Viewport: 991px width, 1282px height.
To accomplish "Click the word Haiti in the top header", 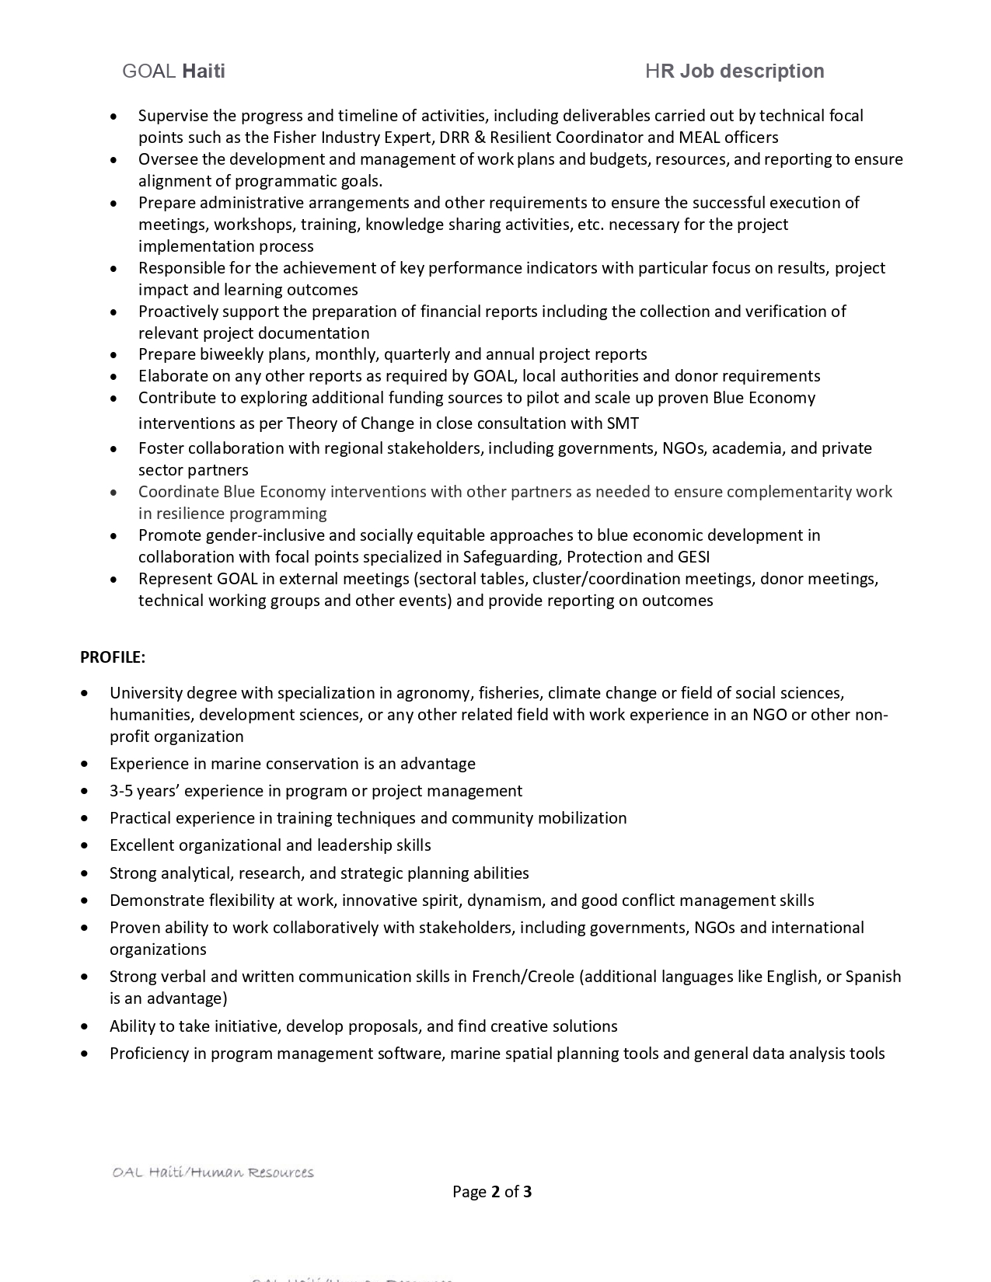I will click(203, 71).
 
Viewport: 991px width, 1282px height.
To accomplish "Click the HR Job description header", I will click(735, 71).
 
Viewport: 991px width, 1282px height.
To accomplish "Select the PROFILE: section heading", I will click(113, 657).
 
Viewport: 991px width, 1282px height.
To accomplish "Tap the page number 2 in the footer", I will click(495, 1192).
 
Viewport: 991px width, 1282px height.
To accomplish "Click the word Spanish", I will click(873, 977).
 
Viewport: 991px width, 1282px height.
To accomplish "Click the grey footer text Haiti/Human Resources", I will click(232, 1172).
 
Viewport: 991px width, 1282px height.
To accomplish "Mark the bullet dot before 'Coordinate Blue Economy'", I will click(114, 493).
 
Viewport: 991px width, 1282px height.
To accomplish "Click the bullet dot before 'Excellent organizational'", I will click(85, 845).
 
